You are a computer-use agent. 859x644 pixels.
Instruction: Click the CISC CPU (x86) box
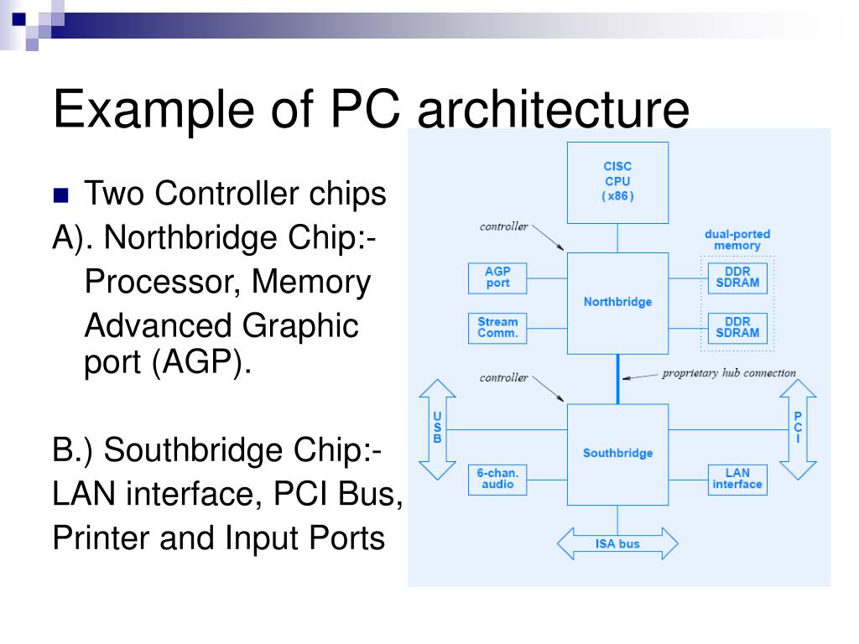[617, 182]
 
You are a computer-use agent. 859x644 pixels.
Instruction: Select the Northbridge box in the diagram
[617, 302]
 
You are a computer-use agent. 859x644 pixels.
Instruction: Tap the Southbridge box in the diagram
[617, 453]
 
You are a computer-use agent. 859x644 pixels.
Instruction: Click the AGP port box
[497, 278]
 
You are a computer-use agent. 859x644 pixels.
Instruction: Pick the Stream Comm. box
[497, 327]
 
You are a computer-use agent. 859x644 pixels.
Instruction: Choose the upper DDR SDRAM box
[737, 278]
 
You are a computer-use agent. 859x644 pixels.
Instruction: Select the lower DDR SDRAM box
[737, 327]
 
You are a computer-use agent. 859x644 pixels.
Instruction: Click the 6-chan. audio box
[497, 479]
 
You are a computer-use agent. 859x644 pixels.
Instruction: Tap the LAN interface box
[737, 479]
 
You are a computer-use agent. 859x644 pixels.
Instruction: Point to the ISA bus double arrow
[617, 543]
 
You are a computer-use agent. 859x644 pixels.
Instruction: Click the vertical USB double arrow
[437, 428]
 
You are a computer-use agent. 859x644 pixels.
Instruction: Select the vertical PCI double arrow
[798, 428]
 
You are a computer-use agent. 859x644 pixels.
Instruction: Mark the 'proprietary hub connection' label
[728, 373]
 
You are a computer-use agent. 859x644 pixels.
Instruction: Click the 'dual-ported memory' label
[737, 240]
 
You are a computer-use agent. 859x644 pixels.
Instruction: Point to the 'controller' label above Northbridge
[503, 226]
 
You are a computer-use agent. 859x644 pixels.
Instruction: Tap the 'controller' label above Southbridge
[503, 377]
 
